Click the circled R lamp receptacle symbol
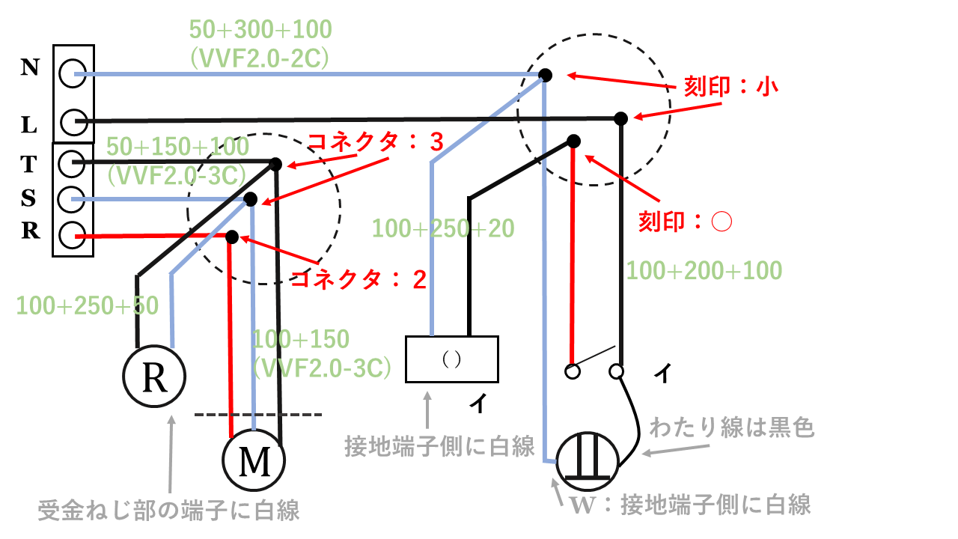coord(155,378)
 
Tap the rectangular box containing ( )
coord(451,359)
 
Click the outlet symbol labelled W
coord(588,458)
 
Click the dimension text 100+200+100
coord(704,270)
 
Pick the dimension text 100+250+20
coord(443,228)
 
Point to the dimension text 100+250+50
coord(87,305)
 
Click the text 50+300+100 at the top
coord(260,31)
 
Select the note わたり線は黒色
coord(731,428)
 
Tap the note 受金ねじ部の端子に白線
coord(169,511)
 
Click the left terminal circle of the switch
coord(573,371)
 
